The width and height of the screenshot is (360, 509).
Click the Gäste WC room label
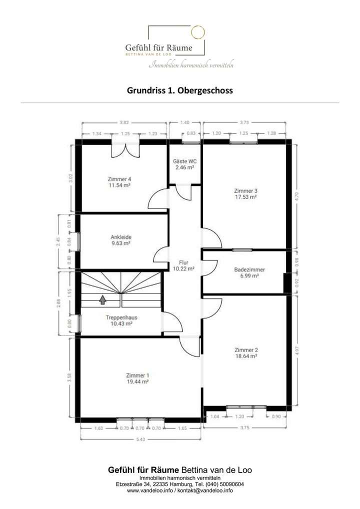[184, 161]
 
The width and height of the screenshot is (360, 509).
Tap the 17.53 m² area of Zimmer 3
[245, 197]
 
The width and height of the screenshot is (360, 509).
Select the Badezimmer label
[249, 269]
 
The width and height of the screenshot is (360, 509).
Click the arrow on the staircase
[102, 299]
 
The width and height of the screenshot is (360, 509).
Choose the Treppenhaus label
[121, 317]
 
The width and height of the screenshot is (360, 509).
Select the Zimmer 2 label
[245, 350]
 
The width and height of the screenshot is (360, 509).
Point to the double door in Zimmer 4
[124, 150]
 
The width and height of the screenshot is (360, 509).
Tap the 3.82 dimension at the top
[123, 122]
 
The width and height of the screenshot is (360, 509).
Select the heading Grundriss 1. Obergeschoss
[180, 91]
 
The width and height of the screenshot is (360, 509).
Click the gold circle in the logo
[198, 31]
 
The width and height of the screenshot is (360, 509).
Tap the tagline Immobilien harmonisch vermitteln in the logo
[192, 65]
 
